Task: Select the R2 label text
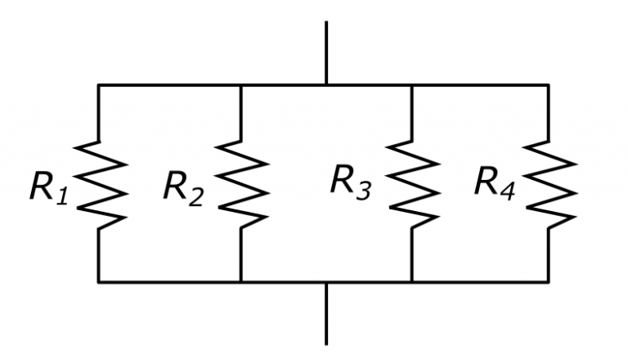(x=182, y=188)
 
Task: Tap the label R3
(x=349, y=182)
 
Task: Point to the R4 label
(x=494, y=183)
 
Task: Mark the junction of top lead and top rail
(x=326, y=84)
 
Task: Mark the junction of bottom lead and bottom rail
(x=326, y=282)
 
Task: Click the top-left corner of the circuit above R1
(x=99, y=84)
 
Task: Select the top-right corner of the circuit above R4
(x=548, y=84)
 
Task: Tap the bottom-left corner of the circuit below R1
(x=99, y=282)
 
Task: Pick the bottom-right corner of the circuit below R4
(x=548, y=282)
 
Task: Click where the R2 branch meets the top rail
(x=240, y=84)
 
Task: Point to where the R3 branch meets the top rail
(x=411, y=84)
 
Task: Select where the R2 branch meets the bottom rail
(x=240, y=282)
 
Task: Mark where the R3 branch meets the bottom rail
(x=411, y=282)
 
